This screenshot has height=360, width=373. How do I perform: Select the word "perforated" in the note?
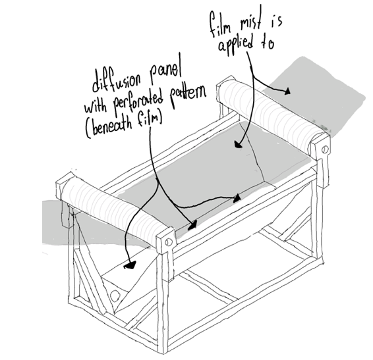(x=138, y=101)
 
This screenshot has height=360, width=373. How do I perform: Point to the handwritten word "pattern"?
(x=188, y=95)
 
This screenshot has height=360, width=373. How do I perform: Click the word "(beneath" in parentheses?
(x=109, y=127)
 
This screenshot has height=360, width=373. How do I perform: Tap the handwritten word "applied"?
(x=235, y=45)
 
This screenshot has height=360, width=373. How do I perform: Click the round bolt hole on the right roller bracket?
(x=325, y=149)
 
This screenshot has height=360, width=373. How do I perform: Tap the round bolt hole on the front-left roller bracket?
(x=169, y=242)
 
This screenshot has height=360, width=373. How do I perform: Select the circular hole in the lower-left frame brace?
(x=115, y=296)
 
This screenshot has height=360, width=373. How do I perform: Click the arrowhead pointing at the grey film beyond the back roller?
(x=287, y=91)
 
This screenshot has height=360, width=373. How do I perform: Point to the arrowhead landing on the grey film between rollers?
(x=238, y=144)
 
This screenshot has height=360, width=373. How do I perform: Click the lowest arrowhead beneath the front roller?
(x=130, y=265)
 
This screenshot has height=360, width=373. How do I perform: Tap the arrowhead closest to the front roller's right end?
(x=192, y=225)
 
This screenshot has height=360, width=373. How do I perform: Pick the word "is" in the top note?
(x=276, y=20)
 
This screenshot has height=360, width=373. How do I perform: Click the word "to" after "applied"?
(x=268, y=43)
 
